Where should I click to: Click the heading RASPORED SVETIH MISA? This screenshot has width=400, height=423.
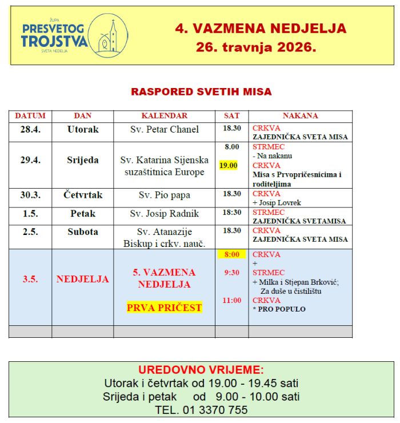point(201,91)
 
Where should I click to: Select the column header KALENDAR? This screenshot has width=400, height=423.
point(165,115)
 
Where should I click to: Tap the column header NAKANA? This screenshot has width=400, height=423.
point(300,115)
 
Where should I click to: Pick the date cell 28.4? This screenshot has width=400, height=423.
point(30,130)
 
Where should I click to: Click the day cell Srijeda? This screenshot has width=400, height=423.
point(83,160)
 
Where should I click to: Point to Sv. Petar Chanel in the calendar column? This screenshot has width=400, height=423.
point(165,130)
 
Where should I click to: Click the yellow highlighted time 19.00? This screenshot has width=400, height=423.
point(229,166)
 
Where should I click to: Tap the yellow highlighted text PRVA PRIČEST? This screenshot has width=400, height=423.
point(165,308)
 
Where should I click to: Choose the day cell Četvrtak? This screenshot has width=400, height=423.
point(83,195)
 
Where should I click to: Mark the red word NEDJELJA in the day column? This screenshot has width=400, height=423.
point(83,280)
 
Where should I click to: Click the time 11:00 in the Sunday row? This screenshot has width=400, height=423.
point(231,300)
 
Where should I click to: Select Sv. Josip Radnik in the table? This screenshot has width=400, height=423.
point(165,214)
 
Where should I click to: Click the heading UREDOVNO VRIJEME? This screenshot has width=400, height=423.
point(201,370)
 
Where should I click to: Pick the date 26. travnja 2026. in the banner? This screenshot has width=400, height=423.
point(255,47)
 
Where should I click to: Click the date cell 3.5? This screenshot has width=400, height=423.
point(30,280)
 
